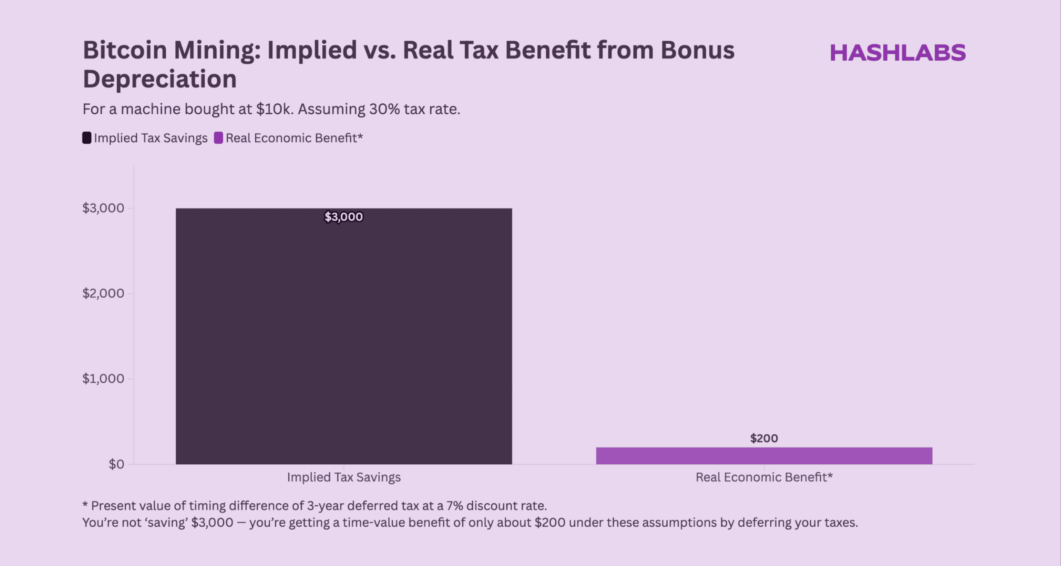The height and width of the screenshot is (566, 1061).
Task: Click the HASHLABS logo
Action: [897, 53]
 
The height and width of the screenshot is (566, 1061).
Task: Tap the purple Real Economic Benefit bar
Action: [764, 456]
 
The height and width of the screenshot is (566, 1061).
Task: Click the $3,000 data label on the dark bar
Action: [344, 217]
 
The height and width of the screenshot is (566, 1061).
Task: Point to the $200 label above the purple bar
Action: [764, 438]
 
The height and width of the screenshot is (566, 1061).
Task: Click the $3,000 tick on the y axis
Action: [103, 208]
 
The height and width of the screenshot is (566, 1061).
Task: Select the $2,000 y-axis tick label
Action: [103, 293]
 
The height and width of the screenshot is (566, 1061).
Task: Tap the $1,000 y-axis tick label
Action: [103, 378]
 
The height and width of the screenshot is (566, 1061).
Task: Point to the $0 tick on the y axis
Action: [116, 464]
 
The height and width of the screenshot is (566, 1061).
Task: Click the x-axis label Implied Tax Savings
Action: [344, 477]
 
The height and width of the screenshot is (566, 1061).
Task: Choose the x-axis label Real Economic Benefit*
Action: [764, 477]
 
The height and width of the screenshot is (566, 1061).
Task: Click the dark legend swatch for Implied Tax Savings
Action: [87, 138]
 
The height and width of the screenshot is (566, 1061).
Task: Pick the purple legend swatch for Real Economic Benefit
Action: [218, 138]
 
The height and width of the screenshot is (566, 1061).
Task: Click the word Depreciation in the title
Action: [159, 79]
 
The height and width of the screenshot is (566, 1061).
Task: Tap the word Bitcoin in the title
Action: [124, 50]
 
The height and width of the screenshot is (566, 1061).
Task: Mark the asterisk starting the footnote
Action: [85, 505]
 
